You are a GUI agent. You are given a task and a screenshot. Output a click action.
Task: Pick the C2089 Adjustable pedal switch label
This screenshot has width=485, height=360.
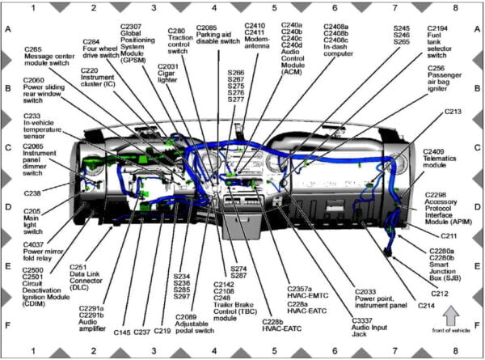(194, 324)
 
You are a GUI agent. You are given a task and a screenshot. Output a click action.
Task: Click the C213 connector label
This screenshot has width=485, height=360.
(453, 111)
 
